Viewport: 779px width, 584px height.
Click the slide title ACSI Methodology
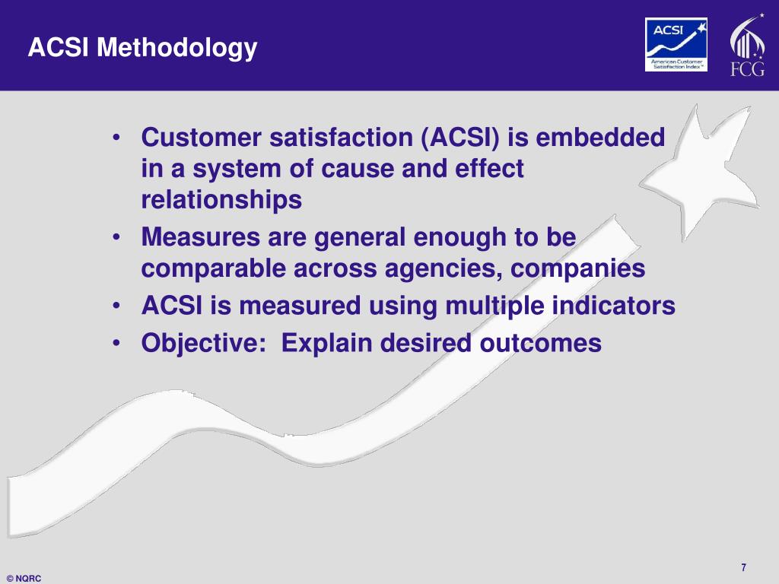click(x=143, y=48)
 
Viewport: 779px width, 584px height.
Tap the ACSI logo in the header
click(x=676, y=45)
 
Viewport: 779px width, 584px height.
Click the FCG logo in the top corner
click(x=747, y=47)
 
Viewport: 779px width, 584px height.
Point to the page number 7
click(x=743, y=567)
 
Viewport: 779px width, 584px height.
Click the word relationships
click(x=221, y=200)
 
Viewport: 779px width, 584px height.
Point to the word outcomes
click(x=540, y=343)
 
